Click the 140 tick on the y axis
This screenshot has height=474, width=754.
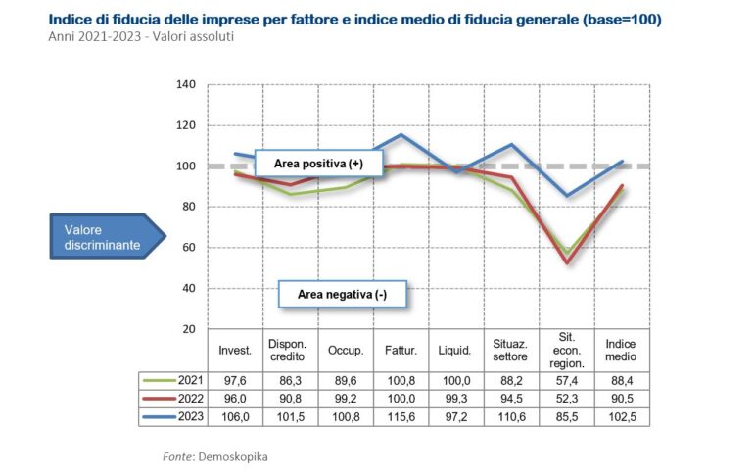click(x=187, y=85)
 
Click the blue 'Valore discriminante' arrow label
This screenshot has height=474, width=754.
click(x=101, y=236)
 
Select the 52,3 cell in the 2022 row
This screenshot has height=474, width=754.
click(x=566, y=398)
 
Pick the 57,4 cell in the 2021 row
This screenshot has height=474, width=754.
click(x=566, y=380)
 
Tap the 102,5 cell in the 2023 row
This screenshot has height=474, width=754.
click(x=621, y=415)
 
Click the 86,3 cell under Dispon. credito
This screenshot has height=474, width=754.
click(x=291, y=380)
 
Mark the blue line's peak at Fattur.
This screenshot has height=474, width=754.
click(x=401, y=134)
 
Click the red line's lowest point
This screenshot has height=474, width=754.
click(x=566, y=262)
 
